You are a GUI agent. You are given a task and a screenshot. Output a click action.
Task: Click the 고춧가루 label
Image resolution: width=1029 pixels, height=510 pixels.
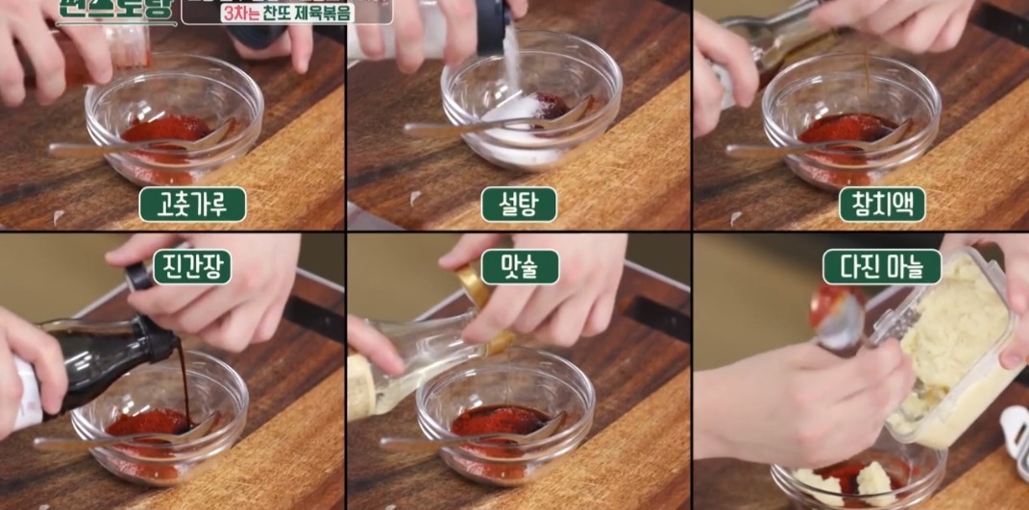tap(192, 205)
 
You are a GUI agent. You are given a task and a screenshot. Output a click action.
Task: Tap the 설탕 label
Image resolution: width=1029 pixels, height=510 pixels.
tap(519, 205)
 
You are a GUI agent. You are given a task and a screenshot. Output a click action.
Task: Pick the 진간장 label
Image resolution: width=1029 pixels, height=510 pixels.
tap(191, 267)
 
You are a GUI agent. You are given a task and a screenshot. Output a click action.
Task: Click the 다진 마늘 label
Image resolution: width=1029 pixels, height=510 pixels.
tap(881, 267)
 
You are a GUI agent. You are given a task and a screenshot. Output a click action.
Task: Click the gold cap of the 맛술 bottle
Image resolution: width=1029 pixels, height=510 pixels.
tap(472, 284)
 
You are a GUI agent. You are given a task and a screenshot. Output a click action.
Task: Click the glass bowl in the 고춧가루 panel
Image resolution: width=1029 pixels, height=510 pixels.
tap(173, 130)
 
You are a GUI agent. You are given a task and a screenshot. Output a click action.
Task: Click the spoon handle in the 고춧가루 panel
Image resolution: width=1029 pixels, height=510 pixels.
tap(96, 149)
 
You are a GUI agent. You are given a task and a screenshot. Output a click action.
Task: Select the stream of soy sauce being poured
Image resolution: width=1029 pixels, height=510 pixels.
tap(185, 384)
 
